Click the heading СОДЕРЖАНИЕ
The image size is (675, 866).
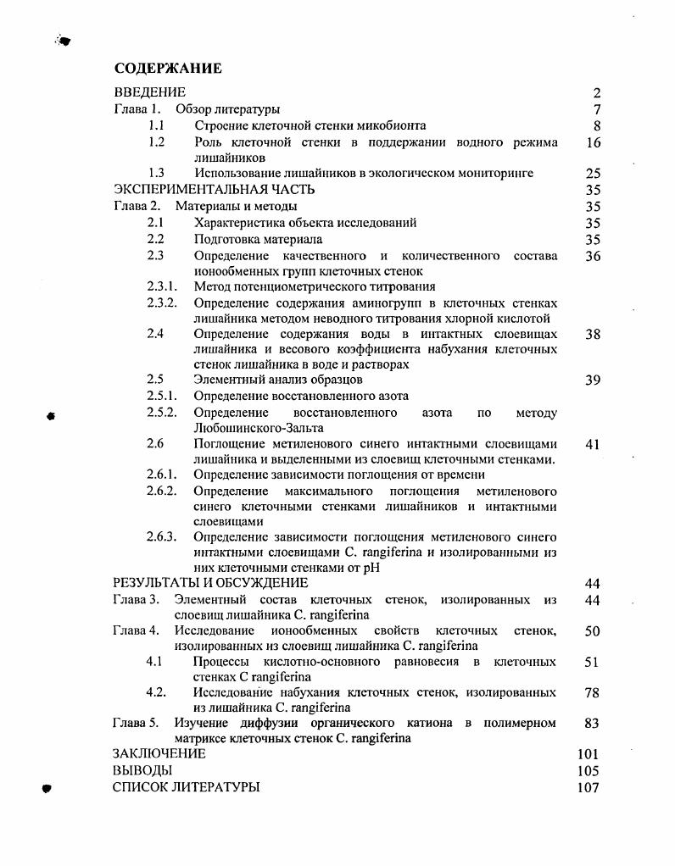168,69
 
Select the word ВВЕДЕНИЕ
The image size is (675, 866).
149,92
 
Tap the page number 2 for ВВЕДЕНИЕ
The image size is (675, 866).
596,93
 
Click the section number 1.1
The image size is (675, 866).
155,125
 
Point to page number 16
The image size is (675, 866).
593,142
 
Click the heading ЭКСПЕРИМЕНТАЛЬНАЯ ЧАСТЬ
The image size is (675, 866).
214,189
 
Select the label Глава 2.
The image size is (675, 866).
137,206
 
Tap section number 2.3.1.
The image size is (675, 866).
161,286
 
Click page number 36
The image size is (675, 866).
593,255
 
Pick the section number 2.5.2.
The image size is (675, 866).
161,413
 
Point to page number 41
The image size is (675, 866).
593,444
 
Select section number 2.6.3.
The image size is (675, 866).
161,537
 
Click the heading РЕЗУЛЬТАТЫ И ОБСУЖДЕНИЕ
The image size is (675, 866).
210,583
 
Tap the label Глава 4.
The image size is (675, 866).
136,630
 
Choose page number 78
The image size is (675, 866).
592,692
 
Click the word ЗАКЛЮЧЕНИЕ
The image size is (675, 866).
159,753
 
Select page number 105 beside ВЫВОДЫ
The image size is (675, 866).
588,770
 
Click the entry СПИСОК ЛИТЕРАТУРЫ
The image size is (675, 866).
186,786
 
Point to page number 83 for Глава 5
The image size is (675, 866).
592,723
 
